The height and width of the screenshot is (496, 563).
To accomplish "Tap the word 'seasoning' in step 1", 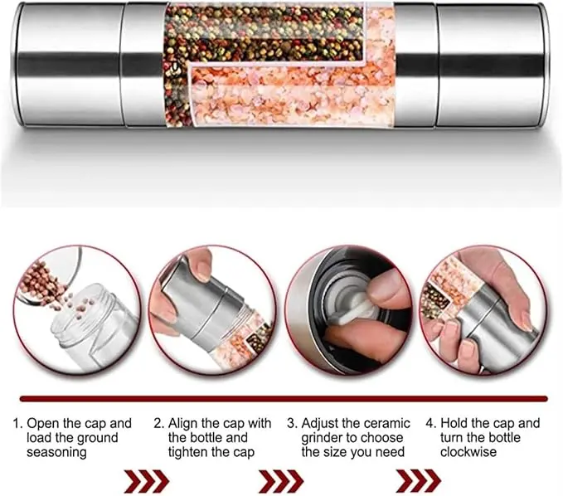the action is click(x=56, y=452).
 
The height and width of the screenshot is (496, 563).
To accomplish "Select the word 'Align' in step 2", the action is click(x=182, y=424).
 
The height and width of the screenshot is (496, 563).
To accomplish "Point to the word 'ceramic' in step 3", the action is click(x=386, y=424).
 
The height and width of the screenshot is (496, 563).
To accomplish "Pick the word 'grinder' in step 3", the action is click(x=324, y=438).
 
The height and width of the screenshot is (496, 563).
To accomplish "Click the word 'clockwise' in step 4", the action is click(x=468, y=452).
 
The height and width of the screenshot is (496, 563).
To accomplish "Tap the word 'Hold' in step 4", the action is click(x=454, y=424).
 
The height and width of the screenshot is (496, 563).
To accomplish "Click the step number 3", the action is click(x=292, y=424).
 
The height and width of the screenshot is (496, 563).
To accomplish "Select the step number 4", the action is click(x=430, y=424).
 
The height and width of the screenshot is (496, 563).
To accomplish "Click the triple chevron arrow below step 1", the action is click(x=147, y=481).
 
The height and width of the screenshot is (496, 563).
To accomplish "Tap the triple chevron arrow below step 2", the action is click(x=281, y=481).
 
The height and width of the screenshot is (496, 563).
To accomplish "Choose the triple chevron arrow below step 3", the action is click(x=418, y=481).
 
